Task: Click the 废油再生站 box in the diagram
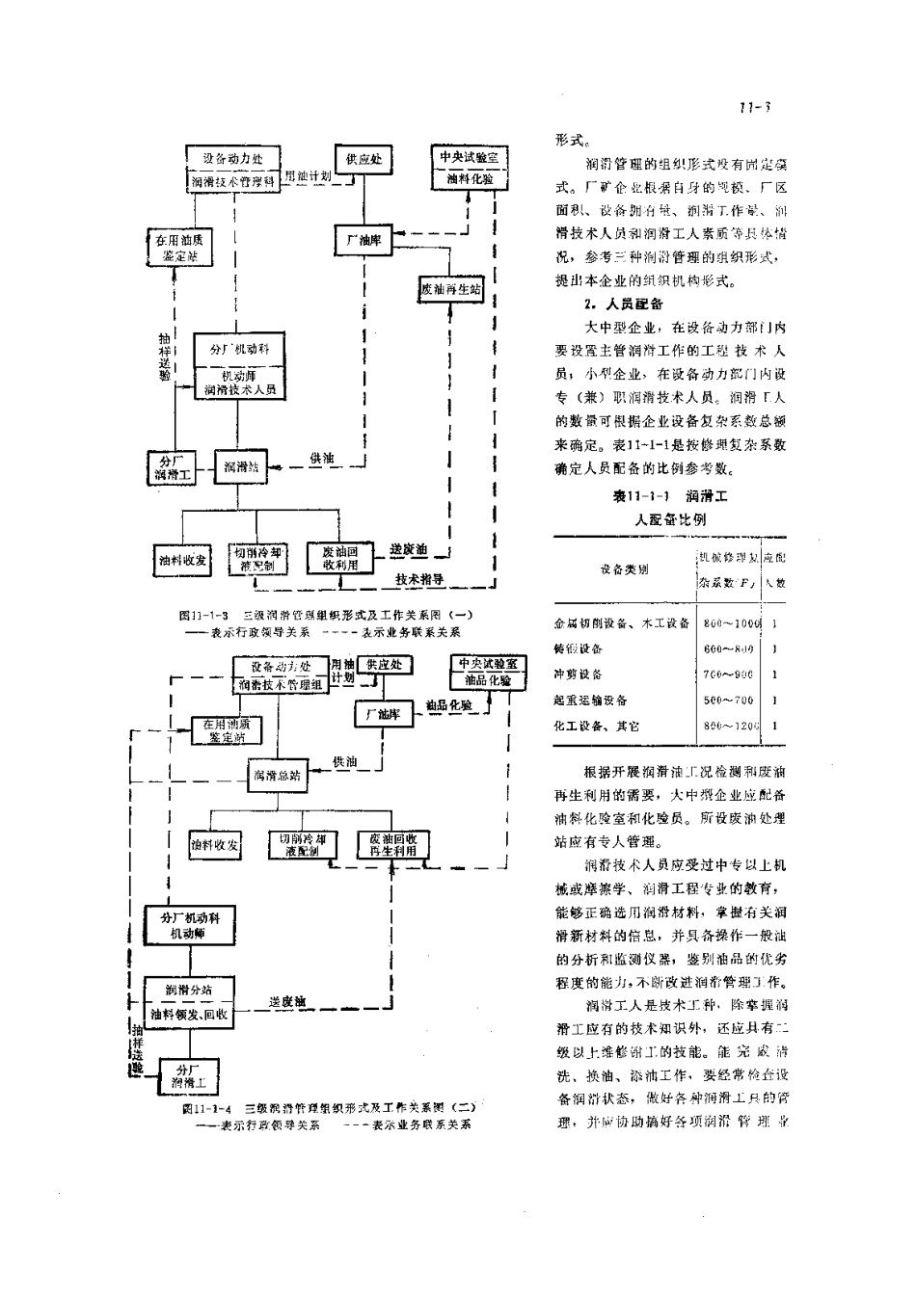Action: pos(450,289)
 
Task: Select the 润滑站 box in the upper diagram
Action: pos(240,466)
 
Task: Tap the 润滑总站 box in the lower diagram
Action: pos(275,774)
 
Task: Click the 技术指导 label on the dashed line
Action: pos(419,579)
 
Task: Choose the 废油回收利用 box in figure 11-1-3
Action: pos(340,558)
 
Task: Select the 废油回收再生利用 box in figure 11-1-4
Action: pos(391,845)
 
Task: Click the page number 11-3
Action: pos(754,108)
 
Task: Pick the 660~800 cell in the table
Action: pos(729,649)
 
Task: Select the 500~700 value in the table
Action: pos(729,701)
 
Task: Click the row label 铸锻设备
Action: pos(579,649)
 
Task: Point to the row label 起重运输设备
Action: pos(590,701)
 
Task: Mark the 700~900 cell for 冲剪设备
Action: pos(729,674)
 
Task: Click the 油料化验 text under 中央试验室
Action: pos(468,180)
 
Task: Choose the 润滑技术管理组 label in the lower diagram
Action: pos(280,685)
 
